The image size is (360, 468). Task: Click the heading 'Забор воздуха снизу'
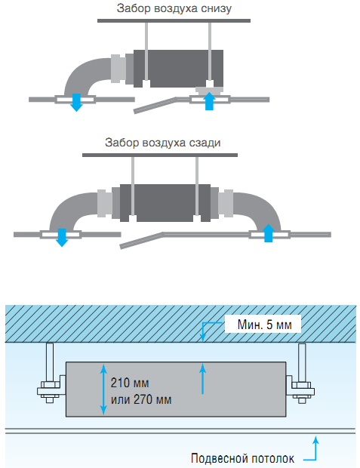point(174,8)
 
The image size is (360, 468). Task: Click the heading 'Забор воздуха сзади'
point(163,143)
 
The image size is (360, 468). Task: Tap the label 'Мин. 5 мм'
point(264,325)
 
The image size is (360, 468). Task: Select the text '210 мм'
point(130,383)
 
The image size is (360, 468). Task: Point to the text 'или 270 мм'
point(141,399)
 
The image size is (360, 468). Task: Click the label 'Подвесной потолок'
point(242,458)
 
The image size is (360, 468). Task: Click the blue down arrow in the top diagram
point(77,103)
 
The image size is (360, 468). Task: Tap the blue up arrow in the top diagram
point(210,101)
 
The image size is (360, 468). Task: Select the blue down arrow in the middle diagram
point(62,238)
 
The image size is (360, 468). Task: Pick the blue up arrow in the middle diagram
point(269,233)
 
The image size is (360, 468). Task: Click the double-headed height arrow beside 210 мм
point(103,389)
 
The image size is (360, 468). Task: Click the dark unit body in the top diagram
point(178,69)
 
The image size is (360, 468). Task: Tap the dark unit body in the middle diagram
point(165,203)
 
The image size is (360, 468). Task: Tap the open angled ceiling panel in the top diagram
point(155,105)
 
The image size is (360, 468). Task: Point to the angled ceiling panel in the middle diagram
point(142,240)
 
